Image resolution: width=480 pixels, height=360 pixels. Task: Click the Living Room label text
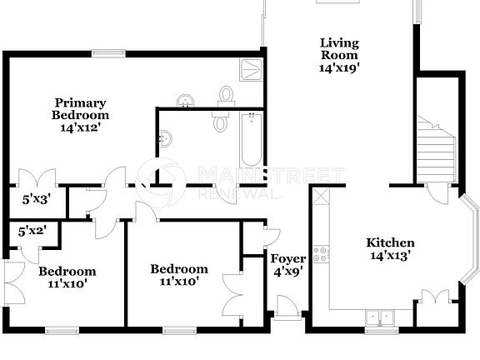(340, 49)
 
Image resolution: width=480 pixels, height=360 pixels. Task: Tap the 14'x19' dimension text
(340, 69)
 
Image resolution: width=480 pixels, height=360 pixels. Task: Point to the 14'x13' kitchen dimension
(391, 256)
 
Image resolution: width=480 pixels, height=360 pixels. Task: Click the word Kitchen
(391, 242)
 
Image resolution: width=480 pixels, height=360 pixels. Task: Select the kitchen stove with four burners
(320, 253)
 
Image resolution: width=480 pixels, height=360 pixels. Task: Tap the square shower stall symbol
(252, 70)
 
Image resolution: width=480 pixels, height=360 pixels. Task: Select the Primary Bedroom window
(107, 54)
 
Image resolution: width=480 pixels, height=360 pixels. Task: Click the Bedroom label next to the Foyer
(179, 276)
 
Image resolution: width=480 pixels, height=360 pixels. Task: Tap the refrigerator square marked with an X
(321, 197)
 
